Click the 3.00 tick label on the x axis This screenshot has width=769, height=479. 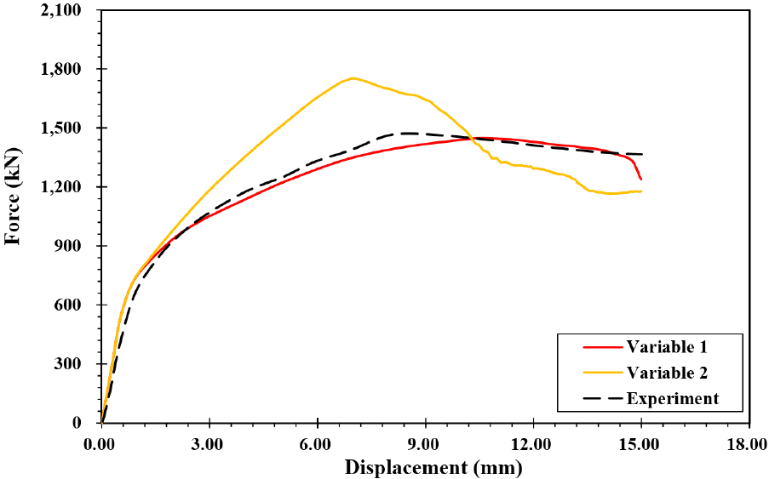point(209,443)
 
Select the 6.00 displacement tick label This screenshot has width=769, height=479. point(317,443)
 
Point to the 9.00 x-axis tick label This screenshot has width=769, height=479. point(425,443)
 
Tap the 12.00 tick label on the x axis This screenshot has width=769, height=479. point(532,443)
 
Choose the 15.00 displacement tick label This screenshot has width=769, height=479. point(640,443)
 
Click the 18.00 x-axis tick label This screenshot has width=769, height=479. point(749,443)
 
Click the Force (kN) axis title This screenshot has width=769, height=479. point(13,197)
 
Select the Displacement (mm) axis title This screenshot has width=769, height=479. point(433,467)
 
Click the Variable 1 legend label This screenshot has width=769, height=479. point(667,346)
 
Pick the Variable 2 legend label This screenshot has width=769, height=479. point(667,372)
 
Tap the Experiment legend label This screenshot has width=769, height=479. point(673,398)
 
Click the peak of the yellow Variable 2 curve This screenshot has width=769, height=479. point(352,78)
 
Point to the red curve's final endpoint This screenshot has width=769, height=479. point(640,179)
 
